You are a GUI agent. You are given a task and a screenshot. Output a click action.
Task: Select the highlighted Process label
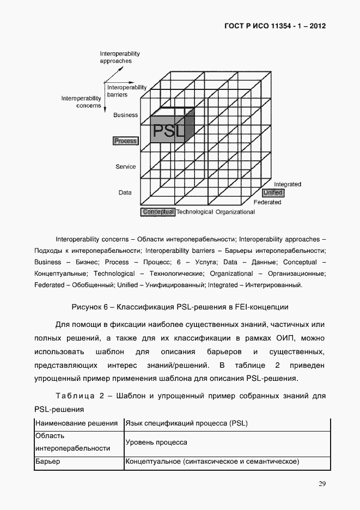(125, 141)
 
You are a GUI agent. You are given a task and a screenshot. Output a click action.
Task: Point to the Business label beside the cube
(125, 115)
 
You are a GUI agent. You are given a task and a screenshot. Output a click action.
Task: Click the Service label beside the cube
(125, 167)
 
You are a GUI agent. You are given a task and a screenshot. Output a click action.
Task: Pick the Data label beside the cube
(125, 192)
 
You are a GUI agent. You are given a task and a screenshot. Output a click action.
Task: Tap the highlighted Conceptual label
(158, 212)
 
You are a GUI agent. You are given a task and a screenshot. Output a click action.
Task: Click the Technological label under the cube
(195, 212)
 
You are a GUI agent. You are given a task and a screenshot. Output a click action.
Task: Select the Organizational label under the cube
(235, 212)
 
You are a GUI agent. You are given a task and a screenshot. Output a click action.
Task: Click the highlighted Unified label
(273, 193)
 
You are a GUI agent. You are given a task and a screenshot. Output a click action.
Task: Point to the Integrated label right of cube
(287, 184)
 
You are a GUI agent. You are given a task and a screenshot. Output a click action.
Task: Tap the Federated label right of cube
(267, 202)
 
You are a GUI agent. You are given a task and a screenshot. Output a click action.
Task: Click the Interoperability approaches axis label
(120, 57)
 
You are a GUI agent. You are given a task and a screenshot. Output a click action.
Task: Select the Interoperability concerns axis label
(81, 102)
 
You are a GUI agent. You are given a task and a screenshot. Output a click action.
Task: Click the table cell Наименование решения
(77, 423)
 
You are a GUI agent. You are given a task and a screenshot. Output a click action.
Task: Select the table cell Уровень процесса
(156, 443)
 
